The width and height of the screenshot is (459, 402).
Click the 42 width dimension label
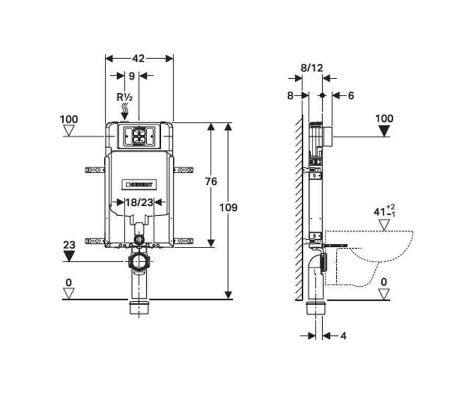[138, 59]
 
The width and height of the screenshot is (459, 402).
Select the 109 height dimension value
[228, 208]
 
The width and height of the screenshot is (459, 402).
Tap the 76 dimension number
[211, 182]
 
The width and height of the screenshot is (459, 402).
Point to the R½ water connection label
[125, 97]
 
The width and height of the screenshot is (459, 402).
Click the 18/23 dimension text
[139, 202]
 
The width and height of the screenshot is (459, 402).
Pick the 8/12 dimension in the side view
[312, 68]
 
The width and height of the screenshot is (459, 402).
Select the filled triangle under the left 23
[69, 256]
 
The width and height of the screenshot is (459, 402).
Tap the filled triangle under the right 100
[384, 131]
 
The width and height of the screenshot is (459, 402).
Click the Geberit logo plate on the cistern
[139, 184]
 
